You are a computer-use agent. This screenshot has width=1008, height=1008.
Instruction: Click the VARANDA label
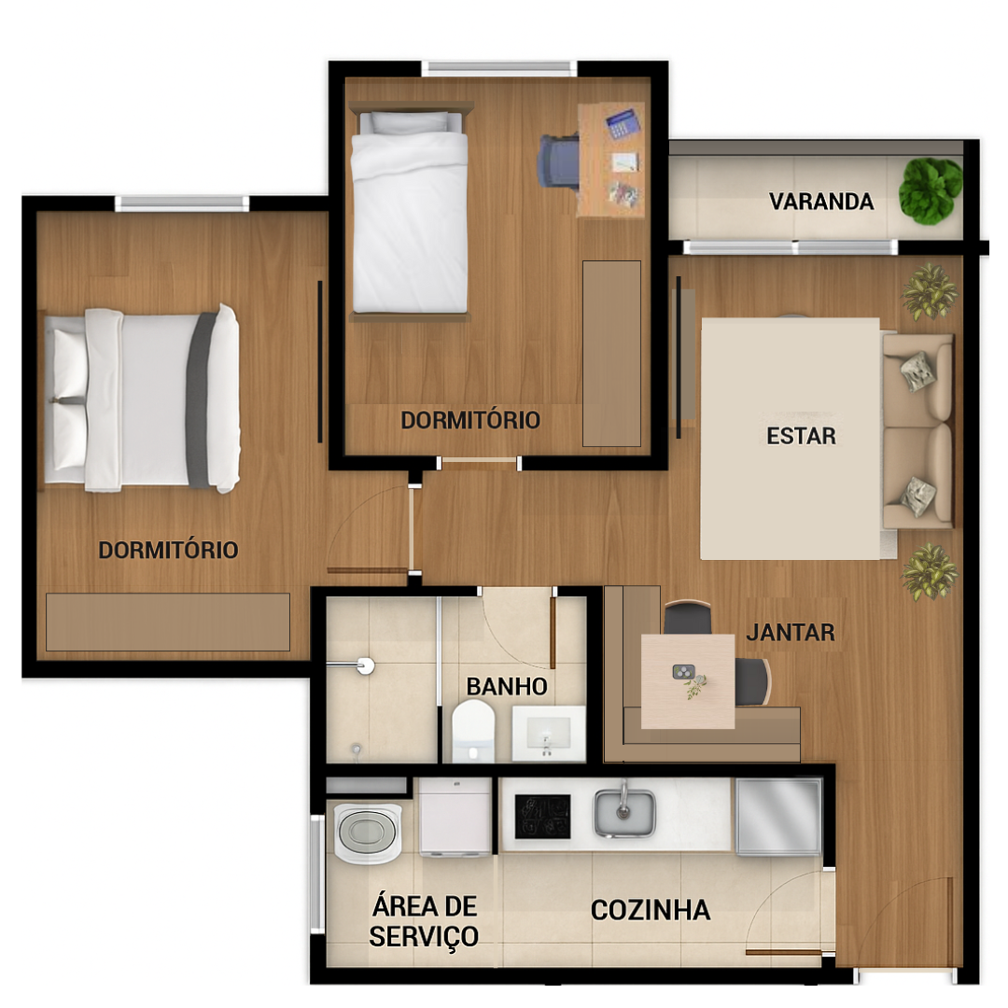[821, 202]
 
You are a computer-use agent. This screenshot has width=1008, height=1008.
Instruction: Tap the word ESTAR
[801, 437]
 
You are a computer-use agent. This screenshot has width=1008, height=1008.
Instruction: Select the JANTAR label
[791, 633]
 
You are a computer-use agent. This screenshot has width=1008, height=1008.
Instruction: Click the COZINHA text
[651, 910]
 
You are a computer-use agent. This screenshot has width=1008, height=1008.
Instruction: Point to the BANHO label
[507, 687]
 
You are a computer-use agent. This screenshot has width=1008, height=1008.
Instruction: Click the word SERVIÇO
[424, 937]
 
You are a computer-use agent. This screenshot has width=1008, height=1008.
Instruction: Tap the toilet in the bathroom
[473, 732]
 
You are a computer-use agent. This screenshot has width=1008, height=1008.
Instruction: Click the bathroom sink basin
[549, 734]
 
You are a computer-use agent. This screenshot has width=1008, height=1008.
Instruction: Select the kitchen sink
[624, 813]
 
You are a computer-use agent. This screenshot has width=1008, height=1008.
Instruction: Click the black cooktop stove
[542, 817]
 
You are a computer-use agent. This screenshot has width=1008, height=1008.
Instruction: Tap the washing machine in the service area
[367, 833]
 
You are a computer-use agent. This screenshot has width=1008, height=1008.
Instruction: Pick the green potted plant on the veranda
[930, 191]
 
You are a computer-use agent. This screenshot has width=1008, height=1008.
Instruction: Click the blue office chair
[559, 161]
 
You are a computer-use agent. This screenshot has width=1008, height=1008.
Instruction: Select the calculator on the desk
[623, 123]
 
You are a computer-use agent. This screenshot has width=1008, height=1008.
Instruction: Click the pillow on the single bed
[410, 122]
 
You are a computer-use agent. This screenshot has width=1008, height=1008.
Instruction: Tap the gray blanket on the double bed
[201, 399]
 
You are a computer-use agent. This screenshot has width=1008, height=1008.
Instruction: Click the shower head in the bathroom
[365, 665]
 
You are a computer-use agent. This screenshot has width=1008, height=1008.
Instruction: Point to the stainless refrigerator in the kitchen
[778, 817]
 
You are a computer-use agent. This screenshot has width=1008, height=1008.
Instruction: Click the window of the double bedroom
[182, 203]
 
